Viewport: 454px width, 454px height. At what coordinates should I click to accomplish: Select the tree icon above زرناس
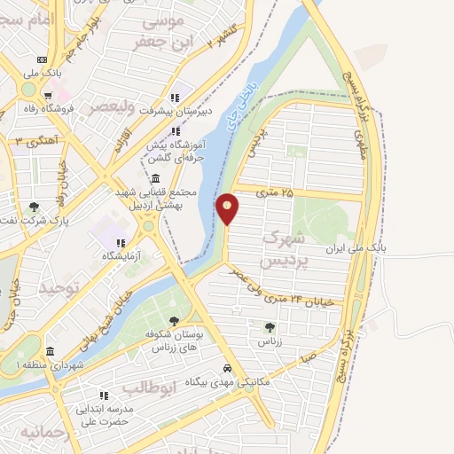coord(270,326)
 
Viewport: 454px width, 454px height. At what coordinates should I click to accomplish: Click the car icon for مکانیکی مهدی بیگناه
coord(228,368)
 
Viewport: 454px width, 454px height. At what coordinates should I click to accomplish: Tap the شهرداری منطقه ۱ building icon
coord(50,350)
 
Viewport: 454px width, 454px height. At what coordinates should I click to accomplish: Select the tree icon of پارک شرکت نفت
coord(34,206)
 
